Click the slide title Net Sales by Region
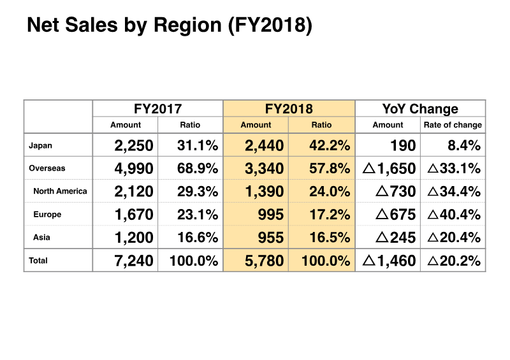(x=169, y=26)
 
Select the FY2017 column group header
(x=157, y=108)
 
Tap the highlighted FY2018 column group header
(x=288, y=108)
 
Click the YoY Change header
(x=420, y=108)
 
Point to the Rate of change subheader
(x=453, y=125)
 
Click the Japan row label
(x=41, y=145)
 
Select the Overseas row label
(x=47, y=168)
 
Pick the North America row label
(x=60, y=191)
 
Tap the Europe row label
(x=47, y=215)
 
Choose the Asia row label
(x=43, y=238)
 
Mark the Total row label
(x=38, y=261)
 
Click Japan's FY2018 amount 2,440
(x=265, y=146)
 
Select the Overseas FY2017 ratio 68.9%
(x=198, y=169)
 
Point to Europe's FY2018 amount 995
(x=272, y=215)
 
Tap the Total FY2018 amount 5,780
(x=265, y=261)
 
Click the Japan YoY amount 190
(x=403, y=146)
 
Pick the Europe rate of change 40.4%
(x=454, y=215)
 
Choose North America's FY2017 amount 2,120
(x=134, y=192)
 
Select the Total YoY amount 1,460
(x=390, y=261)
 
